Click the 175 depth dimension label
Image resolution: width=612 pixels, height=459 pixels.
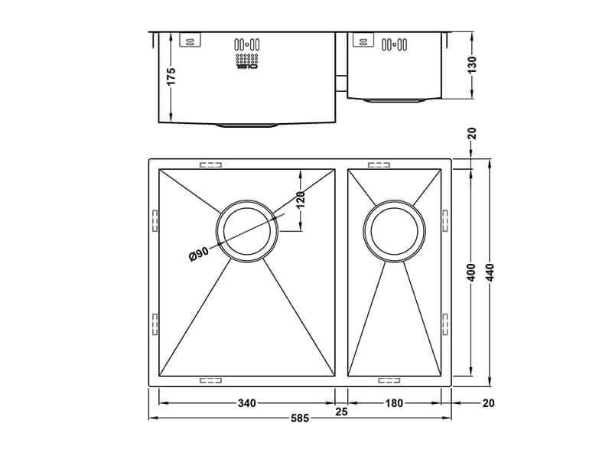171,76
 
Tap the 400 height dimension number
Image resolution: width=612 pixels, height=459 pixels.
472,272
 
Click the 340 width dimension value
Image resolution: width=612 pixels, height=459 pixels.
246,403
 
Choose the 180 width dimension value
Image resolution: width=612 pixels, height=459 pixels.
394,403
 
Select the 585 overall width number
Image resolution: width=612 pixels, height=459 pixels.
299,418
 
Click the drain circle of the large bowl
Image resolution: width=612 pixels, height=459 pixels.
249,233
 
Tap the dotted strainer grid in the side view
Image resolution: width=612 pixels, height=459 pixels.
246,60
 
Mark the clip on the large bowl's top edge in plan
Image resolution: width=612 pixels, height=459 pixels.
210,164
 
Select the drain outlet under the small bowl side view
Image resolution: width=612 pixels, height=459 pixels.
394,100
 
